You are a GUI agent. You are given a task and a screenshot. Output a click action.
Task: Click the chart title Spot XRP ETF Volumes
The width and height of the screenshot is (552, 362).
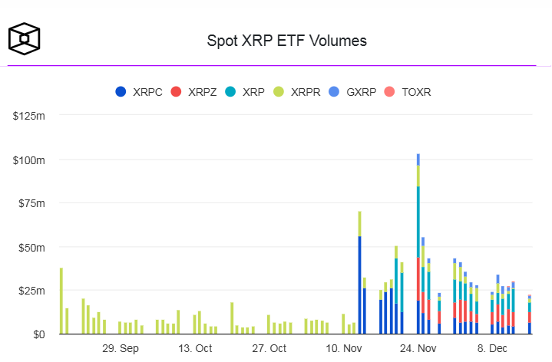(286, 41)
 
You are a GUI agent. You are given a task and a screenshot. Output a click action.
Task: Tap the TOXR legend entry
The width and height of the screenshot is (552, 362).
(415, 92)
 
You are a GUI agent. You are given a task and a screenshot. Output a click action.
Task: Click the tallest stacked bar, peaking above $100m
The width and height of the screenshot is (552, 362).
(418, 245)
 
